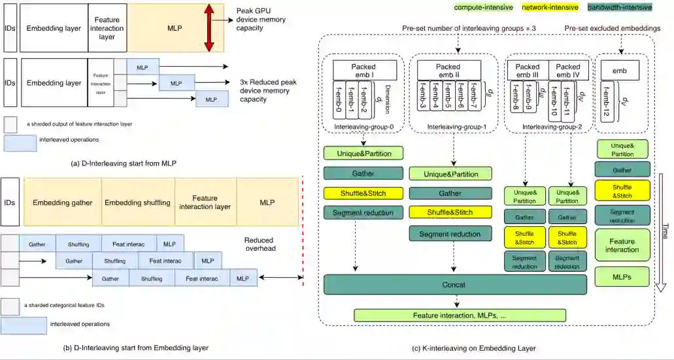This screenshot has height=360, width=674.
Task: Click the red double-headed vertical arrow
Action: [209, 27]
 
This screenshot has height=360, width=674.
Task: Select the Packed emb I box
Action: [364, 70]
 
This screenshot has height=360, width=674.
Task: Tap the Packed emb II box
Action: [449, 70]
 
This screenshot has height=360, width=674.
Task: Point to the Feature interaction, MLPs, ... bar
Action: [460, 316]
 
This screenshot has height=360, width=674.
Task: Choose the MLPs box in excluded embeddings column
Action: [622, 276]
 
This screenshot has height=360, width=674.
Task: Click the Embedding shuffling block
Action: [137, 203]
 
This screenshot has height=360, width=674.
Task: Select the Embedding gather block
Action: [63, 203]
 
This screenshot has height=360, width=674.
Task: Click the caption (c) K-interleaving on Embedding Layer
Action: [473, 348]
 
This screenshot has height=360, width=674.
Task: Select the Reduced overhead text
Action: [263, 244]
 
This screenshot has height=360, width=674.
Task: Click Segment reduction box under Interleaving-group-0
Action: [362, 212]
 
